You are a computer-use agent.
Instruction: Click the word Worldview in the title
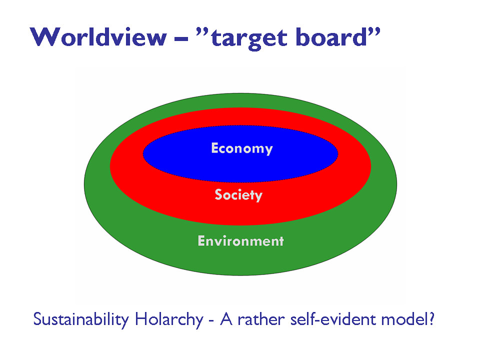click(x=98, y=37)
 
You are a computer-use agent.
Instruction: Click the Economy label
click(x=242, y=148)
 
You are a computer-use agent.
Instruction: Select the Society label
click(x=238, y=194)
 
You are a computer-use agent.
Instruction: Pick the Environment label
click(x=240, y=241)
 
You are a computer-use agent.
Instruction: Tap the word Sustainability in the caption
click(x=80, y=320)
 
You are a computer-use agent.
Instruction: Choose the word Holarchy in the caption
click(x=166, y=320)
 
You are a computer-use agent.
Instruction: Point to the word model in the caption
click(x=408, y=320)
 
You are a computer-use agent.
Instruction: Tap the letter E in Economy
click(x=215, y=148)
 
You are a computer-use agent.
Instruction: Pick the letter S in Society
click(x=218, y=194)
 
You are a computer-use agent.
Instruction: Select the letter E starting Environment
click(x=201, y=241)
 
